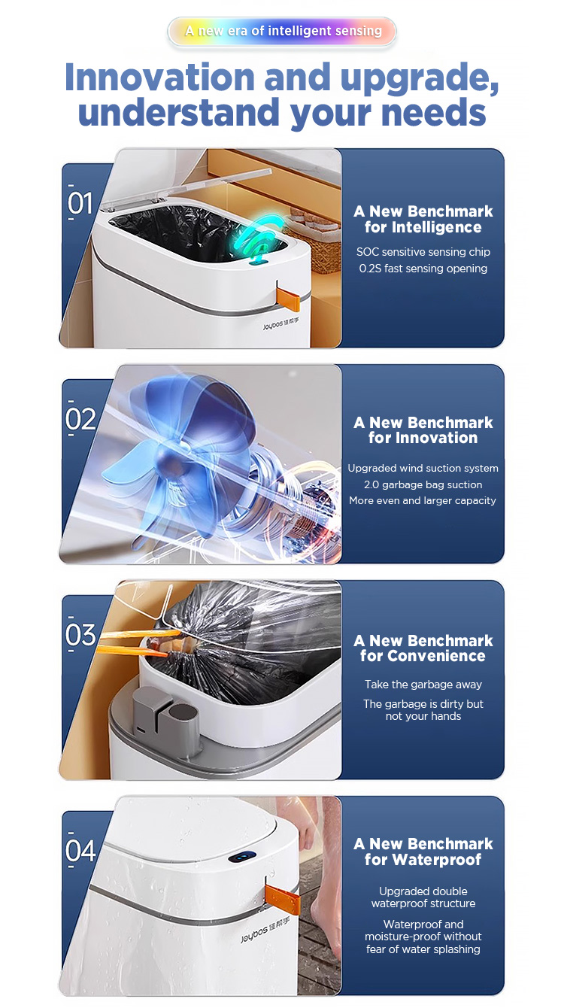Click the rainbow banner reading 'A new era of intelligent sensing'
[282, 31]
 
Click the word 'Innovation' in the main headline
[159, 77]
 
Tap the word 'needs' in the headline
[433, 113]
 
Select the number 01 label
[80, 202]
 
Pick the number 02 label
[80, 418]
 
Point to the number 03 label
[80, 634]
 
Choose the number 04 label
[80, 851]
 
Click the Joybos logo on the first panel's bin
[280, 323]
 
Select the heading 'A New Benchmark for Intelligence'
[423, 219]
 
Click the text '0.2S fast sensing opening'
[423, 269]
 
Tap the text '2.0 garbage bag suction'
[423, 484]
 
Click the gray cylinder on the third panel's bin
[182, 718]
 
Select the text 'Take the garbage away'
[423, 685]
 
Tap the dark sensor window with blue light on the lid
[242, 857]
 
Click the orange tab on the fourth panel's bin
[283, 900]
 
